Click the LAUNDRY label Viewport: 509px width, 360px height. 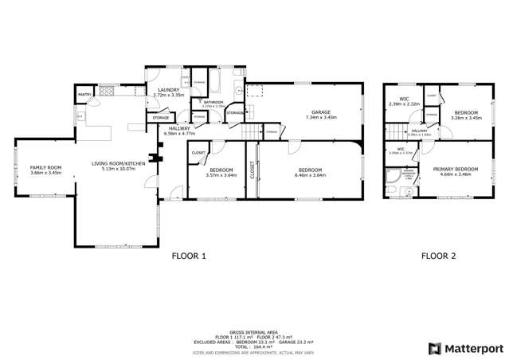[x=168, y=90]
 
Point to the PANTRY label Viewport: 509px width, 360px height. [x=84, y=96]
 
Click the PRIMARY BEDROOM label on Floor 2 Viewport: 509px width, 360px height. [x=456, y=169]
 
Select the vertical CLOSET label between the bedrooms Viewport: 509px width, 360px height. [x=253, y=171]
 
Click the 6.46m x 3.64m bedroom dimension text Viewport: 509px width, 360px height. [x=310, y=174]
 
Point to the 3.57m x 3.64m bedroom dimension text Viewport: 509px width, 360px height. [x=221, y=174]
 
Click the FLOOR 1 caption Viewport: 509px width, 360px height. [x=189, y=256]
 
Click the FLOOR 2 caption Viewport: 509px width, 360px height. [x=438, y=256]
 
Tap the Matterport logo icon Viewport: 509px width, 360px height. [x=435, y=348]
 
